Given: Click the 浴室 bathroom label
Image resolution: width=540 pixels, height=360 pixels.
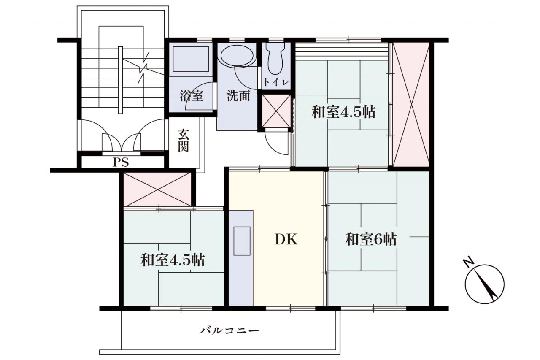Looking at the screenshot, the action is [x=192, y=96].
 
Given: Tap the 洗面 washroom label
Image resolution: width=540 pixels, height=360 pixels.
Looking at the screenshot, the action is [x=238, y=96].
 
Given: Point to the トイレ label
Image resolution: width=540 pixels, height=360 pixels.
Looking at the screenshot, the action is [x=276, y=82].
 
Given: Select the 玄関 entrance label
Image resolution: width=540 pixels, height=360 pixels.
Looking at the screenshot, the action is [x=184, y=141].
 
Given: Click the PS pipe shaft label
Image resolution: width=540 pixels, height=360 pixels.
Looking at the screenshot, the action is [x=121, y=162].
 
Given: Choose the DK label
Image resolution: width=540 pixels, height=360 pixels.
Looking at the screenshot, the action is [x=286, y=239].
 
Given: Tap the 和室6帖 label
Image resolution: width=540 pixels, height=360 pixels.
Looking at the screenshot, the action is [x=371, y=239].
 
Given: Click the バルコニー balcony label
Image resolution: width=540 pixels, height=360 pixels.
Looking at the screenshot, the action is [x=229, y=330].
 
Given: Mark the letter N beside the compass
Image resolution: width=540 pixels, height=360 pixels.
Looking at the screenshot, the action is [x=469, y=263].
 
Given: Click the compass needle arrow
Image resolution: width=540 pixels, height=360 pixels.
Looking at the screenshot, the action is [x=485, y=285].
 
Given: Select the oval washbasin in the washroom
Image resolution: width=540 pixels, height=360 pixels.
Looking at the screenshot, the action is [x=237, y=56].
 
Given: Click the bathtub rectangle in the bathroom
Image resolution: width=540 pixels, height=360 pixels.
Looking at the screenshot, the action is [x=191, y=59].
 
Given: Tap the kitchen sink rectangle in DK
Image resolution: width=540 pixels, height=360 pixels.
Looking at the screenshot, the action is [x=242, y=241].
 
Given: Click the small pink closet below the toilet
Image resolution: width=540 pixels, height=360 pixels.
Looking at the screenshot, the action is [x=276, y=111].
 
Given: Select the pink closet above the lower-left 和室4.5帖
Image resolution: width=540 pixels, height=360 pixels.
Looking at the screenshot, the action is [x=157, y=189].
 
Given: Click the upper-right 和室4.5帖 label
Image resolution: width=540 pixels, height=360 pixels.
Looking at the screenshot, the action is [x=343, y=112].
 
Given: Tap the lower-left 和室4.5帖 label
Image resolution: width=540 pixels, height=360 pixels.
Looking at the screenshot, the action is [x=173, y=260].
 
